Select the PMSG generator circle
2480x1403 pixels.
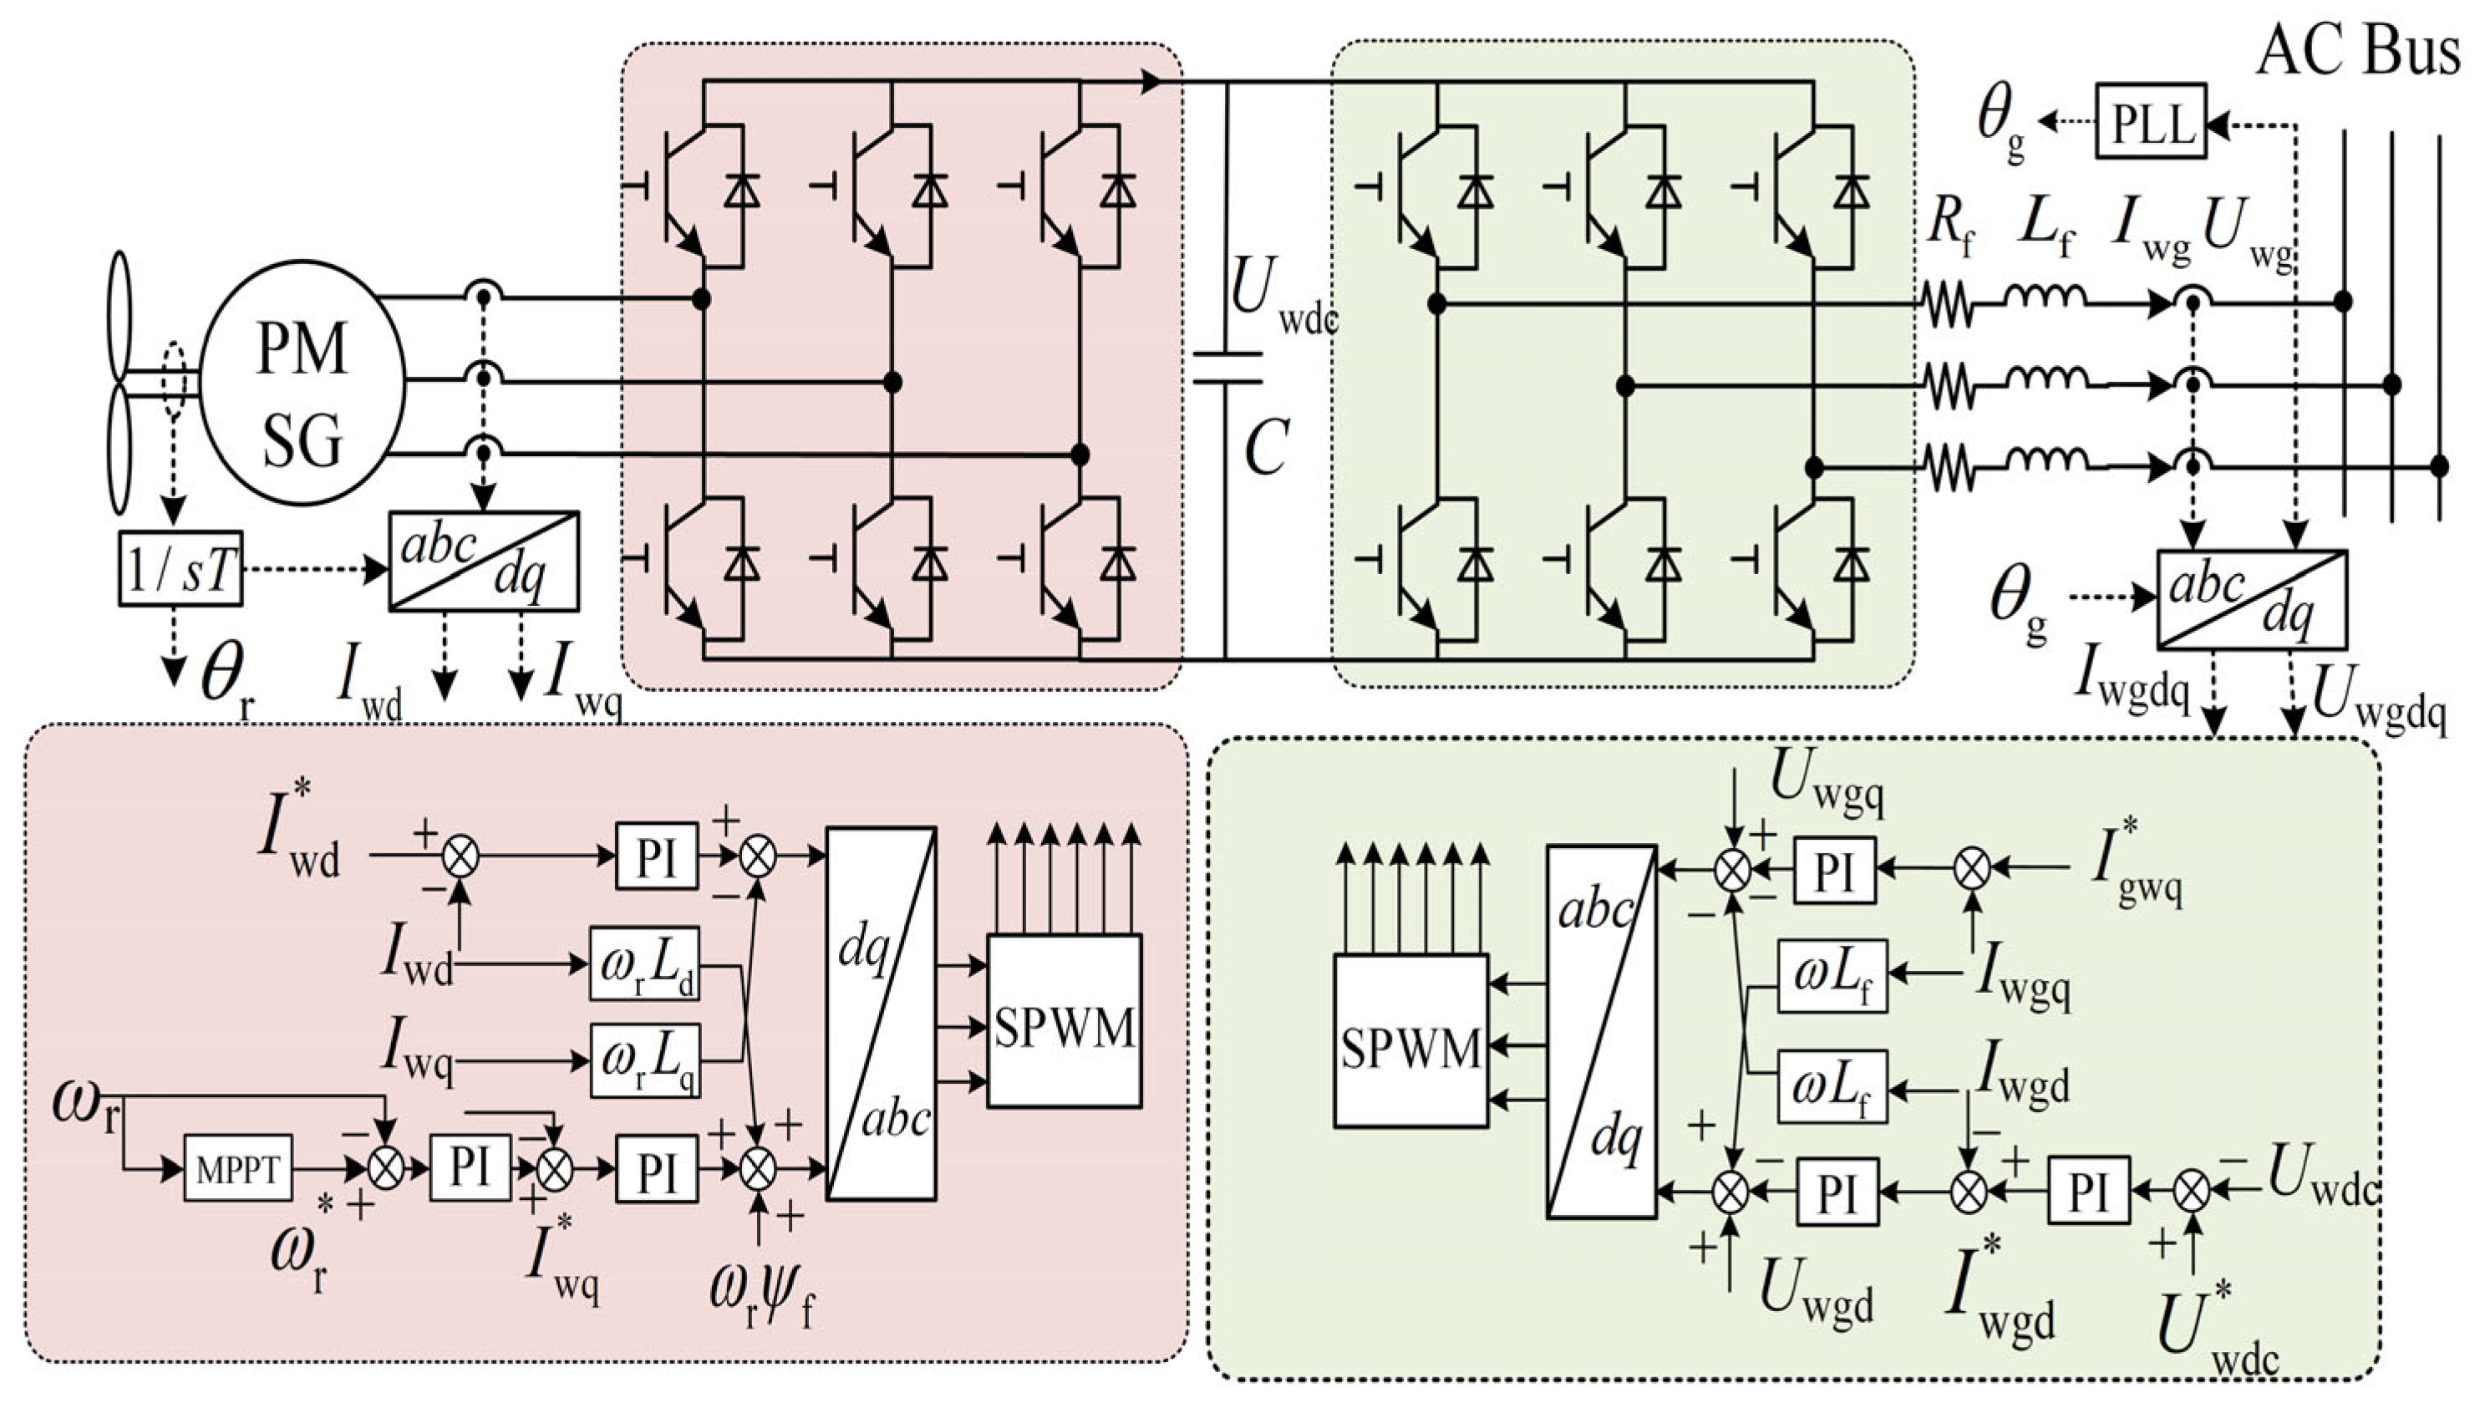[x=302, y=394]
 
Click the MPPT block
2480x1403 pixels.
[x=237, y=1169]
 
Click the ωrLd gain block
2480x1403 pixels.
[x=643, y=963]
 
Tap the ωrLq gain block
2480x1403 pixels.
[x=643, y=1060]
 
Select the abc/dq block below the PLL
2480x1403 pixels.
[x=2251, y=598]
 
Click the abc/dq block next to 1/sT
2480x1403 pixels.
[x=484, y=561]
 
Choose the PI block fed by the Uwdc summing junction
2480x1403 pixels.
[x=2088, y=1192]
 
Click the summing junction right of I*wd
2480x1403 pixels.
[x=460, y=854]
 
